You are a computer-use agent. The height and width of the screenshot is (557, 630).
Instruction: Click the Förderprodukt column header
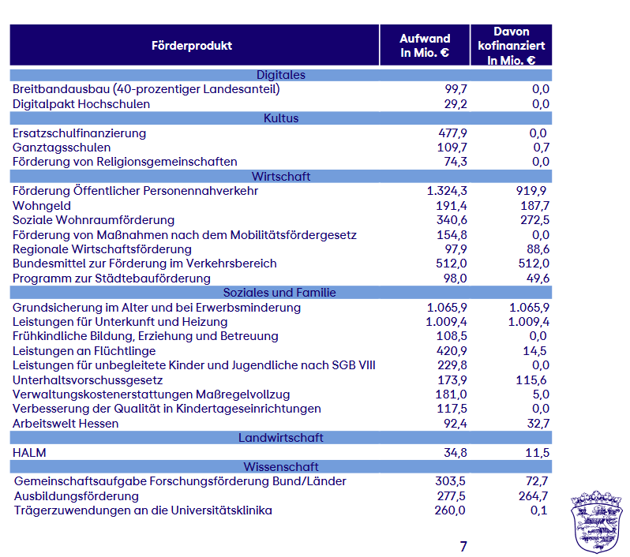pos(192,46)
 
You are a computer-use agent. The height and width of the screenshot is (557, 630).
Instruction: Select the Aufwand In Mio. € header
pos(425,46)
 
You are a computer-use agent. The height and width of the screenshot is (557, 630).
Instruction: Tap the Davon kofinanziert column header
pos(511,46)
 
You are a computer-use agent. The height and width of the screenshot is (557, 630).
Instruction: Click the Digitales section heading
pos(281,75)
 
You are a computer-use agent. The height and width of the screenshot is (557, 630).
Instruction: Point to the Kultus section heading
pos(281,118)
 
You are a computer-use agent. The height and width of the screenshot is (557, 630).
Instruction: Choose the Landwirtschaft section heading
pos(281,437)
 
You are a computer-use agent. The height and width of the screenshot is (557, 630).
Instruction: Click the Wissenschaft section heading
pos(281,466)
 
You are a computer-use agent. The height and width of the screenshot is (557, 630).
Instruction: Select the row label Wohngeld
pos(42,206)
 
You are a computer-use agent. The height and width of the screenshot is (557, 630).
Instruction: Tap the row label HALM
pos(29,453)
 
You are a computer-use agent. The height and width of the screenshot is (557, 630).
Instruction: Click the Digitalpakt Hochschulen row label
pos(81,104)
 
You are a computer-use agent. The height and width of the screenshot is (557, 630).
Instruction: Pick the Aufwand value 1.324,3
pos(447,191)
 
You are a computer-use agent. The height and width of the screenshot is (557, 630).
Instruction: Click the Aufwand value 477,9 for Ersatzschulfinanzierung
pos(452,133)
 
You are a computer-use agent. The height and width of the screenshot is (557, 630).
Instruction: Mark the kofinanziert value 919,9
pos(531,191)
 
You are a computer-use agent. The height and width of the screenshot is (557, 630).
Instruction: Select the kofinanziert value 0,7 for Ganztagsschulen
pos(542,148)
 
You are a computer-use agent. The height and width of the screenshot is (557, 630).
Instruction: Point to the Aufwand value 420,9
pos(452,350)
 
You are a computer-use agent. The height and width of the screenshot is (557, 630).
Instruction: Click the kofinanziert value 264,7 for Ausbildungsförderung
pos(533,496)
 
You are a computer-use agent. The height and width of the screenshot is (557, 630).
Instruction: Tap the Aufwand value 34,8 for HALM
pos(456,453)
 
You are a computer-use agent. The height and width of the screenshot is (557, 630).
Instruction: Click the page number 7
pos(463,546)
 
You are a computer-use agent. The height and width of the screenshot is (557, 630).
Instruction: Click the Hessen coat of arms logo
pos(597,521)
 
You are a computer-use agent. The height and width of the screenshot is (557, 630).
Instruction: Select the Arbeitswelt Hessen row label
pos(66,423)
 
